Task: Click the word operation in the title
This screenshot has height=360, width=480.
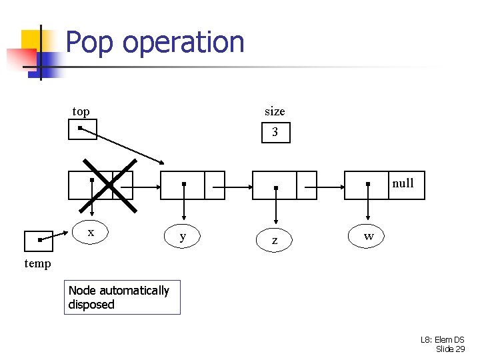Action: click(x=183, y=43)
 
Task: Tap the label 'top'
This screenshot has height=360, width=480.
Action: click(x=81, y=111)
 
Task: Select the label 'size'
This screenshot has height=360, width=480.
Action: click(x=274, y=111)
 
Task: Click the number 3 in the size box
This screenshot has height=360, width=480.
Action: click(x=275, y=133)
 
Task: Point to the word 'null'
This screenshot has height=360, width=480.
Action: click(x=403, y=183)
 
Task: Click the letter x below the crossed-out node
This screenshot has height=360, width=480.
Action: click(x=91, y=232)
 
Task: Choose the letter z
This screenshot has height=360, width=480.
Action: click(x=275, y=240)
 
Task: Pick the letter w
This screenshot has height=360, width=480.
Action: click(x=369, y=236)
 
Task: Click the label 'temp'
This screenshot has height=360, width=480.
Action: click(x=37, y=263)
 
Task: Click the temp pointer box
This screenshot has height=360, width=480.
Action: click(x=38, y=241)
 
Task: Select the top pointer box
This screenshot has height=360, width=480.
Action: click(x=83, y=129)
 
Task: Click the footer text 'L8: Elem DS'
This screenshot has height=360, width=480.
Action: click(x=442, y=340)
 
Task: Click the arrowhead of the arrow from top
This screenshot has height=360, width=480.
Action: click(x=162, y=162)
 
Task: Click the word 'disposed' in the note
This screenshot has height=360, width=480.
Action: click(x=91, y=305)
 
